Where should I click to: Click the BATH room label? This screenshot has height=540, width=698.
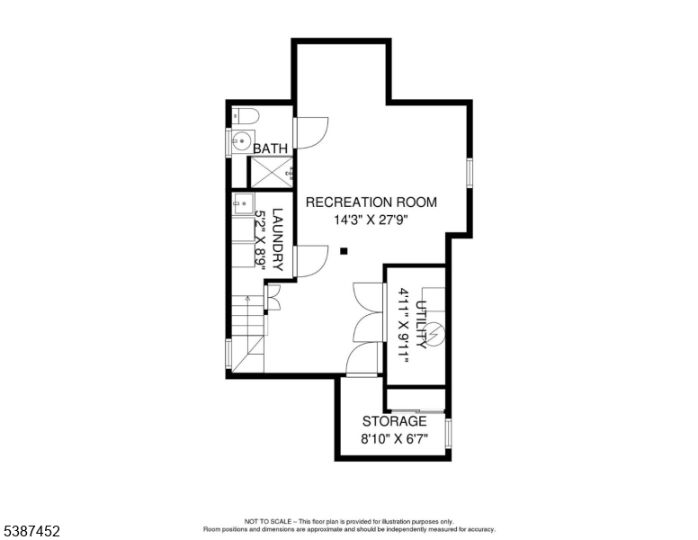coord(270,148)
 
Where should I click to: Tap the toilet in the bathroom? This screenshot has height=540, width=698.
coord(246,116)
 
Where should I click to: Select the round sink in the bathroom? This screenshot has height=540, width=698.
coord(240,141)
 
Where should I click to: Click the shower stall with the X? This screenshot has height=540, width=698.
coord(272,172)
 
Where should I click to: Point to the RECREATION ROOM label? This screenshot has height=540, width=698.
coord(371,202)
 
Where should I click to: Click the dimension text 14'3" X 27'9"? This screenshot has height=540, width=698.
coord(371,220)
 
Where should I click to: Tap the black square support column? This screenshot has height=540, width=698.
coord(344,251)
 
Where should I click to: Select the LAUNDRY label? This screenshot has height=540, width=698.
coord(277,239)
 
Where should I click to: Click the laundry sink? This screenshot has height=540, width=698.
coord(244,203)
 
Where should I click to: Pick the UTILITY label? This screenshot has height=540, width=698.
coord(421,324)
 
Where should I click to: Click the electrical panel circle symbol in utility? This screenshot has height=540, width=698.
coord(434,333)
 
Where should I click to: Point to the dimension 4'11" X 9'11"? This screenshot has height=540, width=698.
coord(403,326)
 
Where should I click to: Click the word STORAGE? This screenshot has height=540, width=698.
coord(394,421)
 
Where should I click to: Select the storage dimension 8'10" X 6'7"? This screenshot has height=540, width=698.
coord(394,439)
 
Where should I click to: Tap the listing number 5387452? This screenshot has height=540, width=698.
coord(31,531)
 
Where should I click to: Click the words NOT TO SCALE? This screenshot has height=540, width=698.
coord(268,521)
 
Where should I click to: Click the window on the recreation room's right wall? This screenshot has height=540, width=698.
coord(470,172)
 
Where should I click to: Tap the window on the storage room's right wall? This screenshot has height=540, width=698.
coord(448,432)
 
